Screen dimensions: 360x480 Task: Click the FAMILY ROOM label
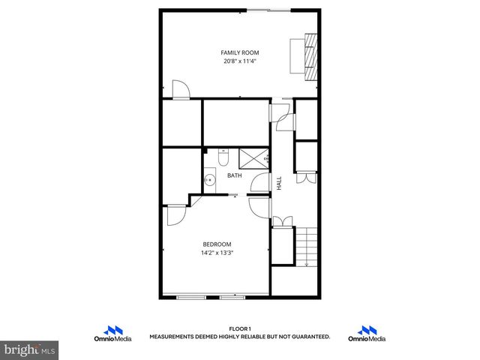coord(239,52)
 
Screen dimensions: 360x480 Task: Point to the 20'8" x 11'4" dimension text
coord(239,61)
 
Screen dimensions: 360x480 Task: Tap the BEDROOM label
coord(217,244)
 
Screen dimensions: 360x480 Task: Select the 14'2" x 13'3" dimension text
coord(217,253)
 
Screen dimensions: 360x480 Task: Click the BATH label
coord(235,176)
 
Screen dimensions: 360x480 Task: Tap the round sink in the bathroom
coord(210,179)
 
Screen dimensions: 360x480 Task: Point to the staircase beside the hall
coord(308,247)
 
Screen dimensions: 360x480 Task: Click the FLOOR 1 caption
coord(239,328)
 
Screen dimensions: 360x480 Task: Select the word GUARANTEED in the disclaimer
coord(312,337)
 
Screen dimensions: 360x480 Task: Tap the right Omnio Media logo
coord(367,334)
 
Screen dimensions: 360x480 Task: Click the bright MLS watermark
coord(30,350)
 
